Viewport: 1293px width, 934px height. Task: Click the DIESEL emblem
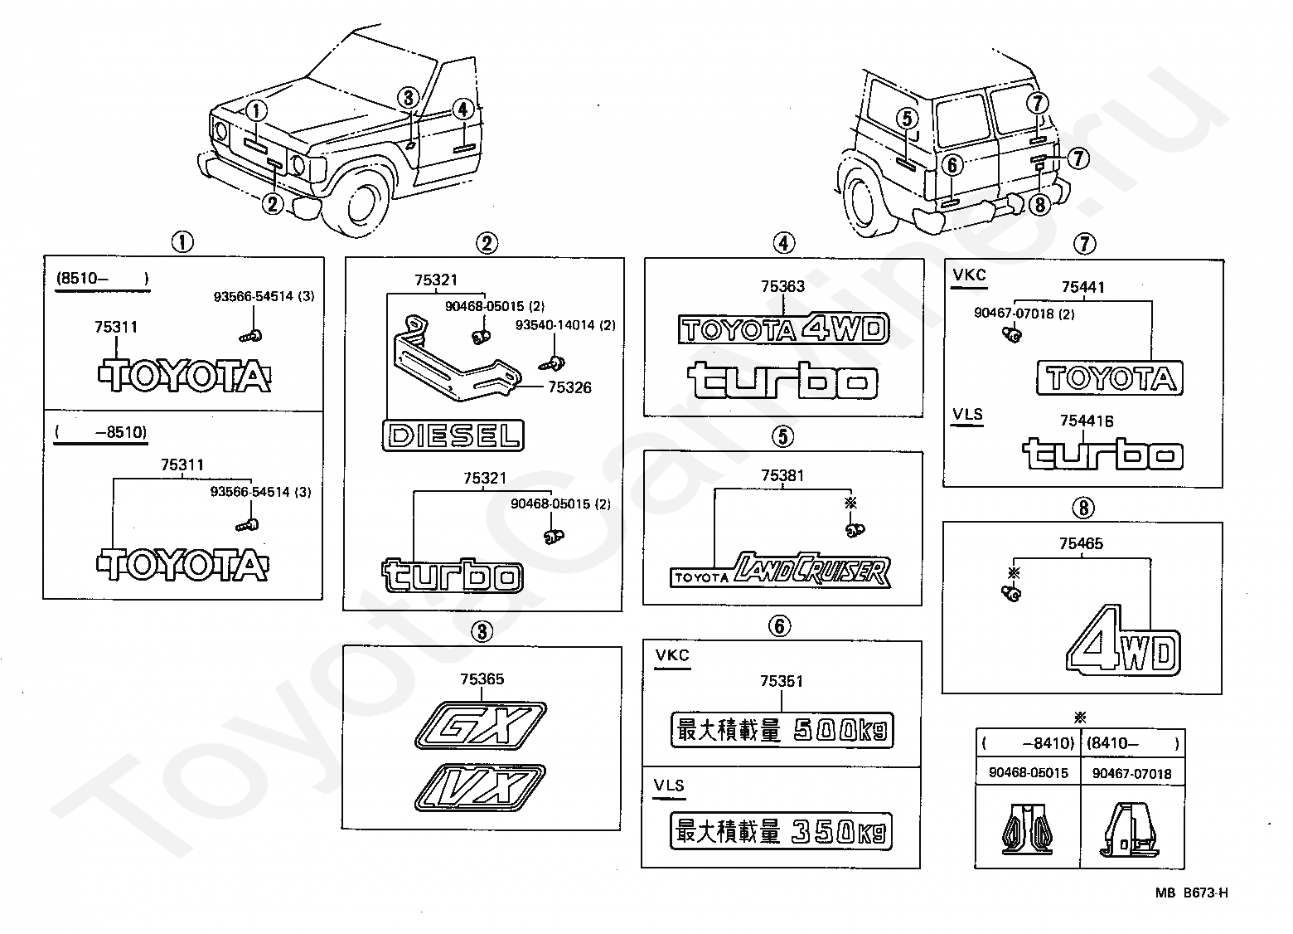click(x=453, y=435)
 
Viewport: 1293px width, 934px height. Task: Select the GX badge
click(x=480, y=726)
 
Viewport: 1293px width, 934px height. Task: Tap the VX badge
click(x=480, y=787)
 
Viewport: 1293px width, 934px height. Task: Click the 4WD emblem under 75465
click(x=1123, y=640)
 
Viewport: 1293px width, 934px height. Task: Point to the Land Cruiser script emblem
click(x=781, y=570)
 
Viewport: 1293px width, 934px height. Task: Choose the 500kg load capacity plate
click(x=782, y=730)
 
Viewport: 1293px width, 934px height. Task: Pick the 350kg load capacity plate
click(x=781, y=831)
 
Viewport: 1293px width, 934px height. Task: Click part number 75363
click(x=782, y=286)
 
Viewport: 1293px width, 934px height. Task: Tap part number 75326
click(x=569, y=387)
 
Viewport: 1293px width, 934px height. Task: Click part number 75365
click(x=482, y=679)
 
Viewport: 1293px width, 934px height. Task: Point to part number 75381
click(x=782, y=475)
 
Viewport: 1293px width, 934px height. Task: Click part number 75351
click(x=782, y=682)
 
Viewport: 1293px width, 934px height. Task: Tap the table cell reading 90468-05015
click(x=1028, y=773)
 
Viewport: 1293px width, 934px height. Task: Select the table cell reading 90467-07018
click(x=1132, y=773)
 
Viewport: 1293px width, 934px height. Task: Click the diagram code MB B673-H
click(x=1191, y=893)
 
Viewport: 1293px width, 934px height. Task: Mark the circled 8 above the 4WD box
click(x=1083, y=508)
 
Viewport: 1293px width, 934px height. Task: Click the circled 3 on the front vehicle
click(x=409, y=98)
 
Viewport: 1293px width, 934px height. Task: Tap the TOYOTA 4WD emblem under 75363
click(x=783, y=328)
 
